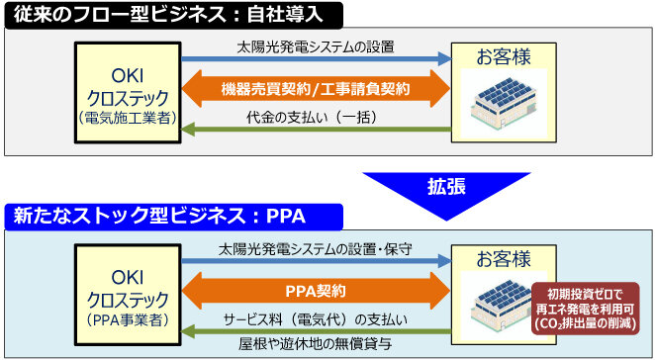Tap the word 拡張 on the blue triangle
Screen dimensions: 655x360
tap(446, 186)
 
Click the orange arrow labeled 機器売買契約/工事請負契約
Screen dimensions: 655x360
tap(316, 89)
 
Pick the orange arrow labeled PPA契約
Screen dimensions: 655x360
tap(316, 291)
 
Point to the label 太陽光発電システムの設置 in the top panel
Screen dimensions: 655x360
tap(316, 47)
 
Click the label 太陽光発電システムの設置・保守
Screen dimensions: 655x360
tap(316, 249)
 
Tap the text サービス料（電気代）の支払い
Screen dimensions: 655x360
tap(316, 319)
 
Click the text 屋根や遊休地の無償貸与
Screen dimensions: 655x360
tap(316, 344)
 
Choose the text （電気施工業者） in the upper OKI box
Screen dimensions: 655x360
tap(128, 119)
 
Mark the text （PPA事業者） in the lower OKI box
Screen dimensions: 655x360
tap(128, 319)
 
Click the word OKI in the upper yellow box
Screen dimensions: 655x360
tap(128, 76)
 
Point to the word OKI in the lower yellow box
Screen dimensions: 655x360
tap(128, 278)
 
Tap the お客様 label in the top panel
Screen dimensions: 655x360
tap(504, 56)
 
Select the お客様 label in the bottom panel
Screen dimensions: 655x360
tap(504, 258)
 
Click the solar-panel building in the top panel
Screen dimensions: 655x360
tap(504, 100)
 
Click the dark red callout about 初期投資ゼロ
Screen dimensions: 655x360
tap(587, 309)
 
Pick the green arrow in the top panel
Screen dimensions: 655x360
tap(316, 130)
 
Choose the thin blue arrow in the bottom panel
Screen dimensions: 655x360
tap(317, 261)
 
